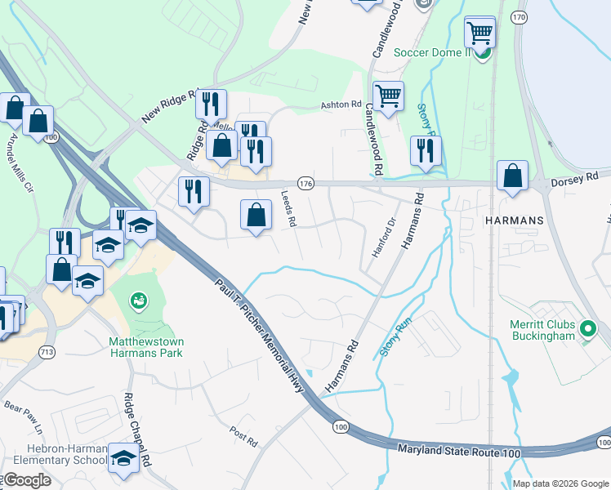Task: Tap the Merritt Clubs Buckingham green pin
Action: coord(587,330)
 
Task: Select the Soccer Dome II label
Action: coord(433,52)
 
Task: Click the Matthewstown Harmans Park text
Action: coord(146,347)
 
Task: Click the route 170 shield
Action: coord(518,16)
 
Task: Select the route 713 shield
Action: coord(46,352)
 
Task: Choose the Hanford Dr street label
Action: coord(384,238)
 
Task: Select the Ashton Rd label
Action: coord(341,105)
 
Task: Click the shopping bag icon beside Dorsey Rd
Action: coord(511,176)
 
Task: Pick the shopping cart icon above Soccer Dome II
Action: coord(479,33)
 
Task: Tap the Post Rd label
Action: coord(243,436)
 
